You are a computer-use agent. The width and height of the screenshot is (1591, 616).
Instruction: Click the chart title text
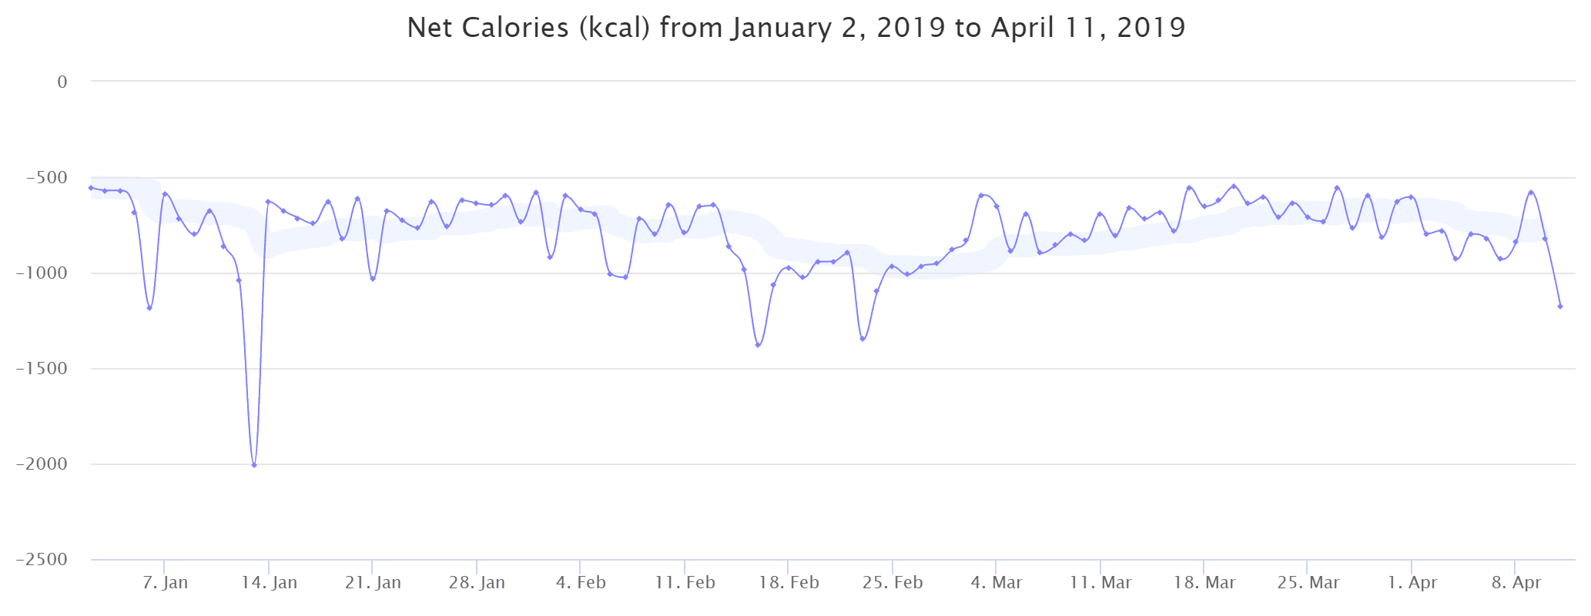pos(795,28)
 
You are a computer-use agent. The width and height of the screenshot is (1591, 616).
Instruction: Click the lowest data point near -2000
pos(254,465)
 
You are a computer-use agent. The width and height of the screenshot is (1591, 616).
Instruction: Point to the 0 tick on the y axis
pos(62,82)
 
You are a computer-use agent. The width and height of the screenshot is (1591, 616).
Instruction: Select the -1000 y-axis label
pos(42,273)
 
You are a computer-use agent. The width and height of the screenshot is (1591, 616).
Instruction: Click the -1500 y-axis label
pos(42,369)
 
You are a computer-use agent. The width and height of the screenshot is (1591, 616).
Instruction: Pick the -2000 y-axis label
pos(42,464)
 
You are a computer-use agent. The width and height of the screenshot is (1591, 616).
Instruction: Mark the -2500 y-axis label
pos(42,560)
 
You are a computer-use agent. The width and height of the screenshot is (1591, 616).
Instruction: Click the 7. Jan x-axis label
pos(165,583)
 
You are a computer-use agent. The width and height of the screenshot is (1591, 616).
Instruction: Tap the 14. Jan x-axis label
pos(269,583)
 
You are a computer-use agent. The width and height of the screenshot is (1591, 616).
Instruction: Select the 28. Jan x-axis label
pos(477,583)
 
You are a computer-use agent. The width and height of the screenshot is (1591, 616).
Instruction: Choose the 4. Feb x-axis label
pos(581,583)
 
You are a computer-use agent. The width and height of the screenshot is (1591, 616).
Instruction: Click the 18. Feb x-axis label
pos(789,583)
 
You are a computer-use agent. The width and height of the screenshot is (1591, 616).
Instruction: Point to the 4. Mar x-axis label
pos(996,583)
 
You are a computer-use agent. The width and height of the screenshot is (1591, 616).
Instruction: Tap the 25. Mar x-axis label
pos(1308,583)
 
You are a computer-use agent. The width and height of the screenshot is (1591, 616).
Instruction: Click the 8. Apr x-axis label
pos(1516,583)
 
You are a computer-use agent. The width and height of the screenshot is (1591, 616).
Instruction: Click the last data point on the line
pos(1560,306)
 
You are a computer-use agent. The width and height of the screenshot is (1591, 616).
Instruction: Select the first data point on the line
pos(91,188)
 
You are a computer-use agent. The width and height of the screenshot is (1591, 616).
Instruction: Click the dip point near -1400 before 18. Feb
pos(758,345)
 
